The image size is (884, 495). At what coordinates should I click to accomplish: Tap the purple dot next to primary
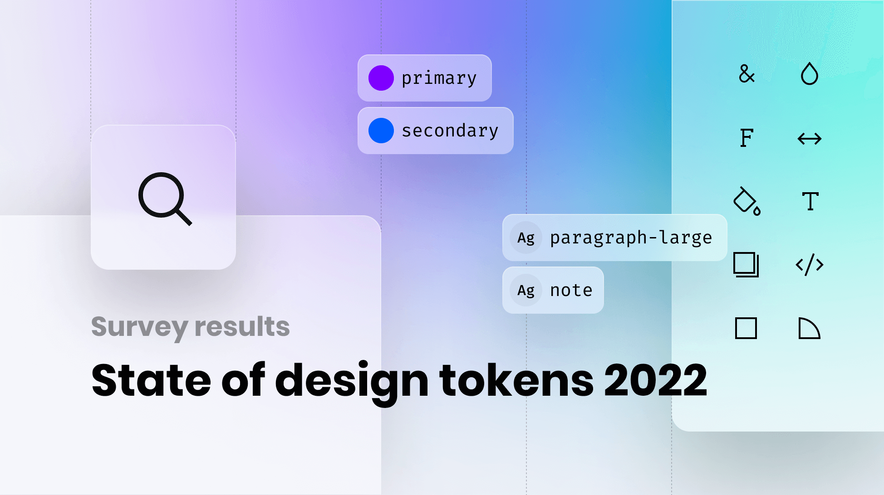(381, 78)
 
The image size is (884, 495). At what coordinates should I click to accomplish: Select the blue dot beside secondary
(381, 131)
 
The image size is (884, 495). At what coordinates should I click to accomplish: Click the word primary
(439, 78)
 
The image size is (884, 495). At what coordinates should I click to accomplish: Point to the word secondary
(450, 131)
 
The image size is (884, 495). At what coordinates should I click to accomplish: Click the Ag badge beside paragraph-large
(526, 238)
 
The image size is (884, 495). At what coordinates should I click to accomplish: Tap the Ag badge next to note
(526, 290)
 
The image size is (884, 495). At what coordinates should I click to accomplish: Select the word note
(571, 290)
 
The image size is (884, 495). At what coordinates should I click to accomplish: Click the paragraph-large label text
(631, 238)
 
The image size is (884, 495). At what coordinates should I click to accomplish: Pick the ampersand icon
(746, 73)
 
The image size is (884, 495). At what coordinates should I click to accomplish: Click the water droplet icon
(809, 73)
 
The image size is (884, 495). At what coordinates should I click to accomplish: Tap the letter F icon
(746, 138)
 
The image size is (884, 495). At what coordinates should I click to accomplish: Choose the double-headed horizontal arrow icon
(809, 138)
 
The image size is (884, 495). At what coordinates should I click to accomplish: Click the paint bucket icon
(746, 201)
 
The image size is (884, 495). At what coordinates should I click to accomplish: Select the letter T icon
(810, 201)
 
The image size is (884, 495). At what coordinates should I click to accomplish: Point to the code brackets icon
(809, 265)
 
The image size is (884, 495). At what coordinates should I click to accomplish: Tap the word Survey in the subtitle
(139, 327)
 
